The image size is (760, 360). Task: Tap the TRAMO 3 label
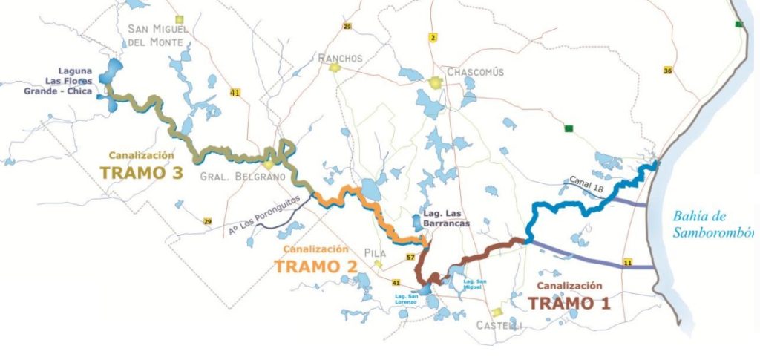[x=142, y=172]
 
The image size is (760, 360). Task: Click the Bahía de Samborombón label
[x=712, y=224]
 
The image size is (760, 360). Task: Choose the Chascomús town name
[x=475, y=72]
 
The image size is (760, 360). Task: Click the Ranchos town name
[x=340, y=58]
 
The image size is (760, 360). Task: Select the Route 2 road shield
[x=433, y=37]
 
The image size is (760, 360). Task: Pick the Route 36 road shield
[x=668, y=71]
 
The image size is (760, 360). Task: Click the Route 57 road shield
[x=410, y=258]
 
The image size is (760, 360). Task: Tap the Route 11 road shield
[x=627, y=263]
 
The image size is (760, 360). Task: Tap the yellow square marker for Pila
[x=379, y=264]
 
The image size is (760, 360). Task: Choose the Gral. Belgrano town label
[x=232, y=177]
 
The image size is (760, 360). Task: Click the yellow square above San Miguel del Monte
[x=178, y=19]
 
